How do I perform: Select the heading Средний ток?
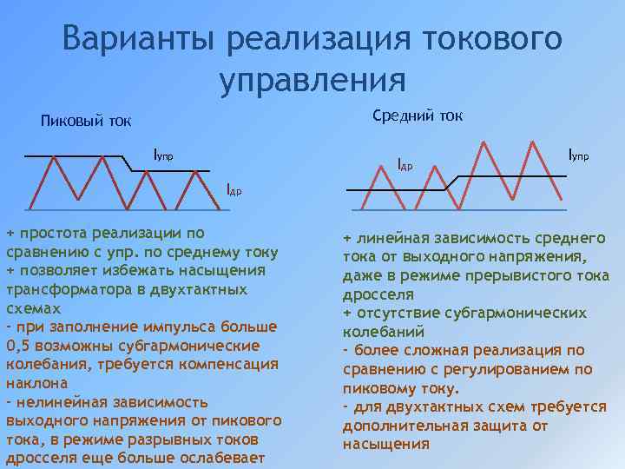(x=418, y=116)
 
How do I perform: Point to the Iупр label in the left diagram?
(x=163, y=155)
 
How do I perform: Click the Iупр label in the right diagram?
(x=578, y=155)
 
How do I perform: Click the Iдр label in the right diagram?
(x=405, y=163)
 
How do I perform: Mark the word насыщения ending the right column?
(x=386, y=444)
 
